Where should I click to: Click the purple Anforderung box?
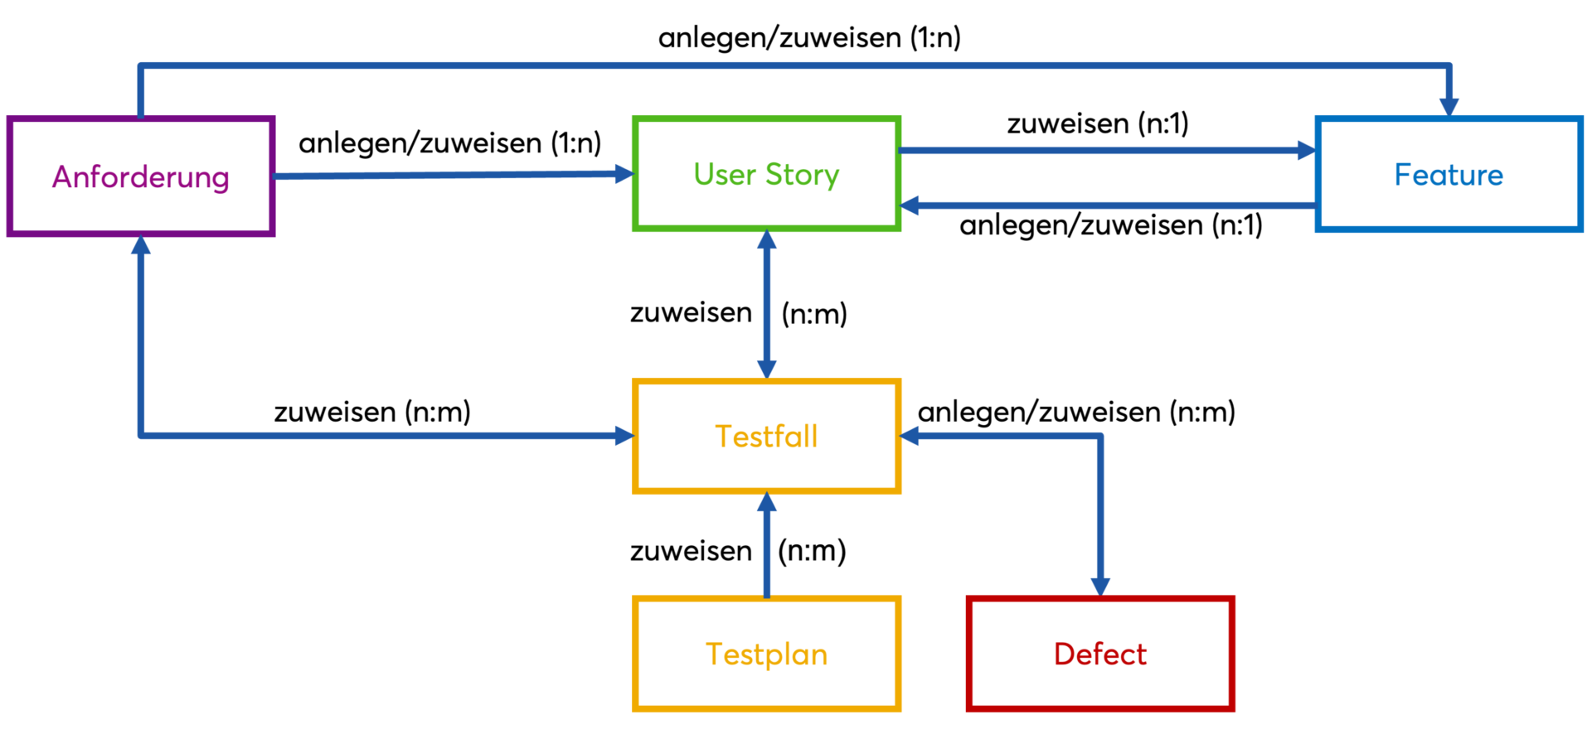coord(141,176)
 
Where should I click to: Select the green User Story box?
coord(766,174)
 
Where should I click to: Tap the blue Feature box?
coord(1449,175)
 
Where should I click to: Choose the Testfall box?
coord(766,437)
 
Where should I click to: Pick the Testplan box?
coord(766,654)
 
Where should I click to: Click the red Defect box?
coord(1099,654)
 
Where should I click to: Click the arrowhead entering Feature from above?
coord(1449,107)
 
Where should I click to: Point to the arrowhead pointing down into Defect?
coord(1100,587)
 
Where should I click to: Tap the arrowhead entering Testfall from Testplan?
coord(767,502)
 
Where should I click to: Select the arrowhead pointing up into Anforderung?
coord(141,246)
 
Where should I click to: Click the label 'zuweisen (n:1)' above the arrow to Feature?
coord(1098,123)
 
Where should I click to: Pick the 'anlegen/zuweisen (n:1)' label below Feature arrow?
coord(1110,225)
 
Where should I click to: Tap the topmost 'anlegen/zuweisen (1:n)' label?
coord(809,37)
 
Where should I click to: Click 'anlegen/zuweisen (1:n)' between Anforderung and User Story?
coord(449,143)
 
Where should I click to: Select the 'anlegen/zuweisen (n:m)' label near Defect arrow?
coord(1076,412)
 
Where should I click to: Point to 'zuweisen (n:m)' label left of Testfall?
coord(372,412)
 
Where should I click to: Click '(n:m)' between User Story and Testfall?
coord(814,314)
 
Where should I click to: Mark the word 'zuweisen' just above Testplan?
coord(691,551)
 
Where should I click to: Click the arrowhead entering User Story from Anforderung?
coord(624,174)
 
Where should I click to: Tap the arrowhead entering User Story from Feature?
coord(910,205)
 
